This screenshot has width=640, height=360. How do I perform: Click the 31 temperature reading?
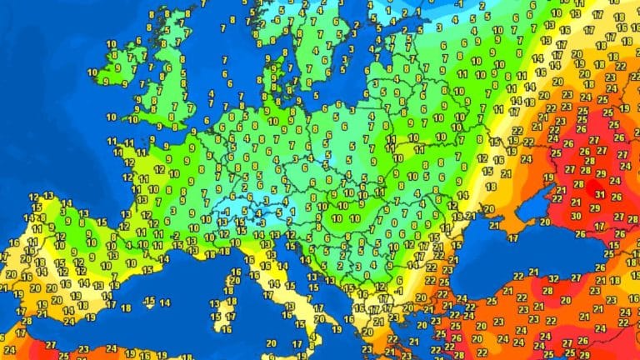pyautogui.click(x=599, y=194)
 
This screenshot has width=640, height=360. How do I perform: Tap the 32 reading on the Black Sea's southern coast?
pyautogui.click(x=577, y=278)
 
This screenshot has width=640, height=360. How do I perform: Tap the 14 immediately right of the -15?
pyautogui.click(x=165, y=302)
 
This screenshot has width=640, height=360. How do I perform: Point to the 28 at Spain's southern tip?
pyautogui.click(x=27, y=321)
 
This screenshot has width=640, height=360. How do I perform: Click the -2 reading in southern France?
pyautogui.click(x=177, y=237)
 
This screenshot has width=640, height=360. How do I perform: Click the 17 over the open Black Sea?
pyautogui.click(x=512, y=238)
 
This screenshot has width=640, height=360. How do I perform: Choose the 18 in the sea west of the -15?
pyautogui.click(x=126, y=307)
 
